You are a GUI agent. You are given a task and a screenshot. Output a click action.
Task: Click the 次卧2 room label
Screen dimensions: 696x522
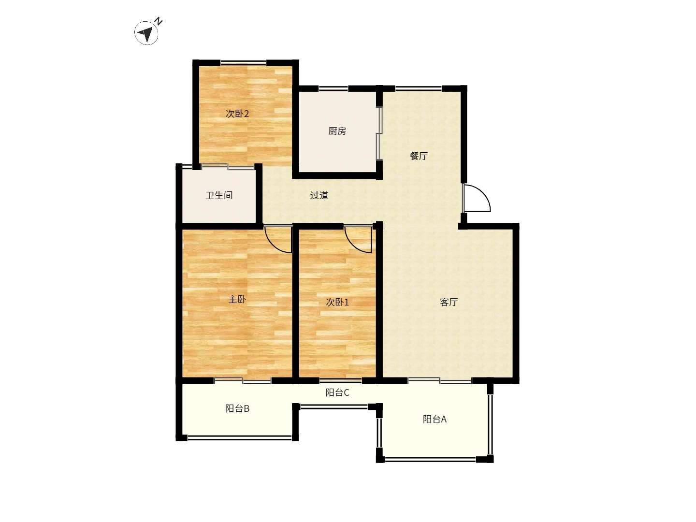point(237,114)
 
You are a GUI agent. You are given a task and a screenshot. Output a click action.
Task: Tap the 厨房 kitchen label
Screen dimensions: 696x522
point(337,131)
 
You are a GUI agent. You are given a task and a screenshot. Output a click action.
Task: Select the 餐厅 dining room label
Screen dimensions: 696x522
point(419,156)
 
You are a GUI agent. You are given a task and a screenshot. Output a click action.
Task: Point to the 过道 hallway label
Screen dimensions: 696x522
point(319,195)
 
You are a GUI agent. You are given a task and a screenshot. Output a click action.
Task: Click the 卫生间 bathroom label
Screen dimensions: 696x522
point(219,195)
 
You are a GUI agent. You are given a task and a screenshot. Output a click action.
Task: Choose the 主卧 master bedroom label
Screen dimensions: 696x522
point(237,299)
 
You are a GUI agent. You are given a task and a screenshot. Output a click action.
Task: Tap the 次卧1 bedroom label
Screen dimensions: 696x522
point(337,303)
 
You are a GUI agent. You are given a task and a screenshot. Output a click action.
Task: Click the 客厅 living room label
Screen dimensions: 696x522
point(449,303)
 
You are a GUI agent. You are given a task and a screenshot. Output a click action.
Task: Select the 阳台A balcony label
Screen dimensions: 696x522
point(435,420)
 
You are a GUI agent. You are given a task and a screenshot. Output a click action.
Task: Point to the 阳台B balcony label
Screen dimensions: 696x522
point(237,408)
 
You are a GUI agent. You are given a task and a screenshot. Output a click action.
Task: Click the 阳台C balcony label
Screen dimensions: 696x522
point(337,392)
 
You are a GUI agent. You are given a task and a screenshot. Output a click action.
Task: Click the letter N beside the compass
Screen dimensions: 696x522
point(159,22)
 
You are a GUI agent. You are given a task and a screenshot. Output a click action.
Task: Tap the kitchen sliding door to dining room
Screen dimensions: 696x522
point(379,133)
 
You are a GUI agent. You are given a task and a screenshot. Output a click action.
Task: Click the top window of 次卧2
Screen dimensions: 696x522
point(244,62)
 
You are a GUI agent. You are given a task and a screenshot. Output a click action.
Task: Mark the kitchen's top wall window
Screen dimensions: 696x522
point(333,88)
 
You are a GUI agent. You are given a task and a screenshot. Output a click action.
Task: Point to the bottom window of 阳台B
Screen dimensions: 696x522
point(239,438)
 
